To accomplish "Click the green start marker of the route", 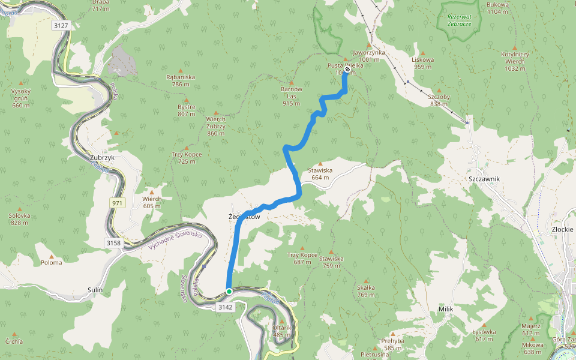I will (229, 292).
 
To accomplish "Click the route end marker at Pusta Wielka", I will (347, 69).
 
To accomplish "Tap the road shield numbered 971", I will (117, 203).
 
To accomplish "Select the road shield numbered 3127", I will (61, 25).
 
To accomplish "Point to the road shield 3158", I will (113, 243).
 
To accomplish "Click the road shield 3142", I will (225, 307).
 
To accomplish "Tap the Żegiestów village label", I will (244, 217).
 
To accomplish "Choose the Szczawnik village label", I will (484, 179).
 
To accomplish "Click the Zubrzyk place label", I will (101, 158).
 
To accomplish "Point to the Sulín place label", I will (95, 290).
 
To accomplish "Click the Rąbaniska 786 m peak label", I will (181, 80).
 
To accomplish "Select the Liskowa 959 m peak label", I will (422, 63).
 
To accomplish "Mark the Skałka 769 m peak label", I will (365, 291).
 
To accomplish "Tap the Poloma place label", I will (52, 262).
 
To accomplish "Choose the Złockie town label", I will (563, 229).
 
